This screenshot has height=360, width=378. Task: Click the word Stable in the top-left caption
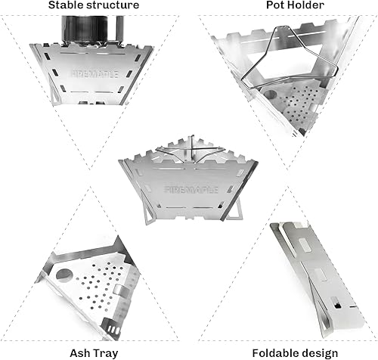[66, 6]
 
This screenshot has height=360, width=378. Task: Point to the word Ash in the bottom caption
[79, 352]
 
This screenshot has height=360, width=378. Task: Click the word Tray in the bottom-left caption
[104, 352]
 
